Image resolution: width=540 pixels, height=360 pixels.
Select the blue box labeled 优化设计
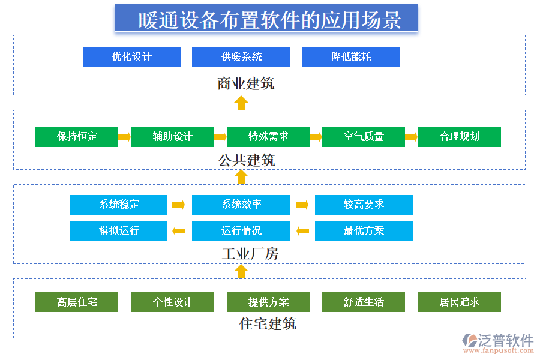(x=131, y=57)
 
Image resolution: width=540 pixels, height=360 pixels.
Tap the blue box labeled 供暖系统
(x=241, y=57)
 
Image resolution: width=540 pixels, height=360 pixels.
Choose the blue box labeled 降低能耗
(x=350, y=57)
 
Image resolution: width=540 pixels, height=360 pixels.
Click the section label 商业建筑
(x=246, y=83)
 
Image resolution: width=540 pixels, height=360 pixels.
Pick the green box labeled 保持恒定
(x=77, y=137)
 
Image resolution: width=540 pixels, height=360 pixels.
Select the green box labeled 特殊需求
(x=268, y=137)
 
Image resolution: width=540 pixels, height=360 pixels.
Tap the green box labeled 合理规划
(x=459, y=137)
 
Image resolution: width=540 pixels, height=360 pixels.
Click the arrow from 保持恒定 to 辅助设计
(x=124, y=137)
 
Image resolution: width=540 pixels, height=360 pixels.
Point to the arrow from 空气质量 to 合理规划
(x=411, y=137)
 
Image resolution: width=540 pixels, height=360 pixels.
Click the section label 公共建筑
(x=247, y=160)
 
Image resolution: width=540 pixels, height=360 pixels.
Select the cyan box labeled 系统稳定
(x=118, y=205)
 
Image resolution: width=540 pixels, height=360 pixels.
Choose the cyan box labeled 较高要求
(x=364, y=205)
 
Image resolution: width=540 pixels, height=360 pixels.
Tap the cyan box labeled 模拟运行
(x=118, y=230)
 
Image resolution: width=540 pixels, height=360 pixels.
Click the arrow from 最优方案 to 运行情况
(x=302, y=230)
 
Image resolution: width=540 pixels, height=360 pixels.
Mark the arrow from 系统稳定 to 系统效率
(x=178, y=205)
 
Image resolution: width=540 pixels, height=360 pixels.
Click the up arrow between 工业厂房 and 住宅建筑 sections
(x=241, y=271)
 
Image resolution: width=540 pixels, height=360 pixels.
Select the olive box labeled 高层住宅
(x=77, y=302)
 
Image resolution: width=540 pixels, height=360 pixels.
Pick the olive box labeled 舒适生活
(x=364, y=302)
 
